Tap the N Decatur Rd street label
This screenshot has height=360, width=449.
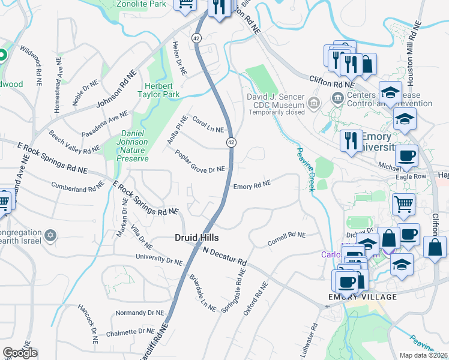(224, 256)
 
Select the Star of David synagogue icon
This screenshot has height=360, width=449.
(51, 233)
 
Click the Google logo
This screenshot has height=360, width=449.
(20, 353)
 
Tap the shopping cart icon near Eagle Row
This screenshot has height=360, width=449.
(403, 203)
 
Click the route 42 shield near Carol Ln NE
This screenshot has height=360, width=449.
(231, 142)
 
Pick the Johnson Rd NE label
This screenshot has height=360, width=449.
(121, 89)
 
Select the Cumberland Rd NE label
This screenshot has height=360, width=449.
(78, 188)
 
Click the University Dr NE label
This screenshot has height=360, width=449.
(159, 259)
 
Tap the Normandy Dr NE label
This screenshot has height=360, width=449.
(139, 313)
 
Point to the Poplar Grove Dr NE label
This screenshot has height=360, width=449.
(200, 161)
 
